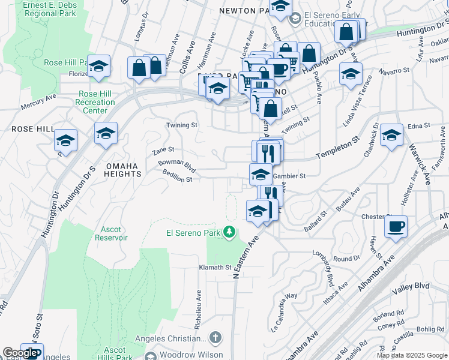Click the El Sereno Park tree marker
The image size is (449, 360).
point(228,232)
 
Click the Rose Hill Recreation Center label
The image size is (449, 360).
point(95,102)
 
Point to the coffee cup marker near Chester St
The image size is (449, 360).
point(396,227)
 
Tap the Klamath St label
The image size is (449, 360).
point(215,267)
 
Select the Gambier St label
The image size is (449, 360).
point(289,176)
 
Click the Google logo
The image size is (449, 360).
point(20,353)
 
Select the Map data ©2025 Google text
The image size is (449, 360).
point(412,355)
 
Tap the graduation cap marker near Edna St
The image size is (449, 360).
point(391,136)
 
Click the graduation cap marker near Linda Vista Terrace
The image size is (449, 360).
point(351,74)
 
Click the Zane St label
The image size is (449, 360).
point(163,149)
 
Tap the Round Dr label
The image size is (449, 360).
point(346,259)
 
